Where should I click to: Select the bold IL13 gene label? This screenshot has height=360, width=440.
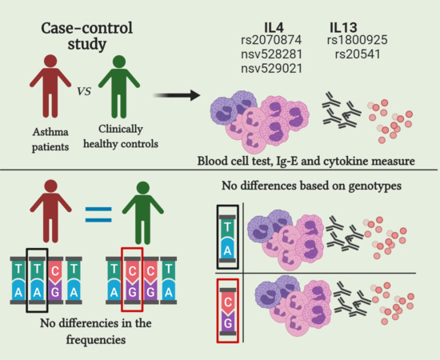351,25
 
